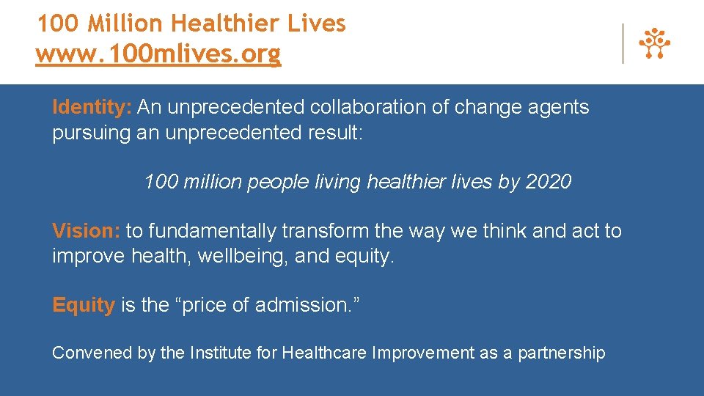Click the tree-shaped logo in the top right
655,44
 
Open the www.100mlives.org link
158,54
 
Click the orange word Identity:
92,107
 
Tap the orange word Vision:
86,231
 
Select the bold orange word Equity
84,305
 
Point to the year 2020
549,182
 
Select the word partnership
561,353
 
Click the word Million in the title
125,23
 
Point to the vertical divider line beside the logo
623,43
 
